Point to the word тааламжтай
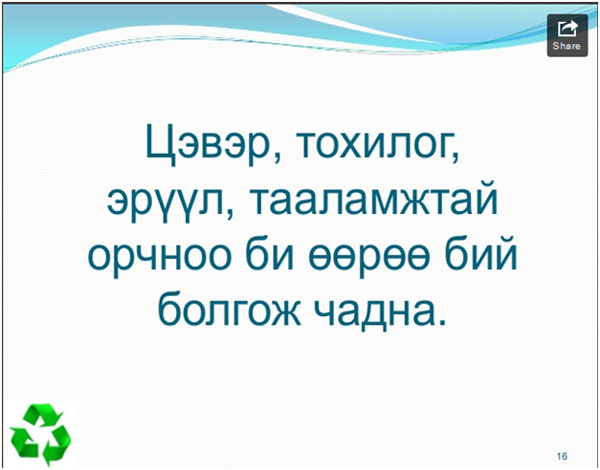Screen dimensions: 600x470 point(373,201)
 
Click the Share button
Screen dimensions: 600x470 point(567,35)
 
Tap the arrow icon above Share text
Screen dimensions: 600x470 point(567,29)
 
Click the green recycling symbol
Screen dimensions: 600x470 point(40,435)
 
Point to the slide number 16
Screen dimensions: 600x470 point(562,456)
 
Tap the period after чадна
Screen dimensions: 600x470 point(442,321)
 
